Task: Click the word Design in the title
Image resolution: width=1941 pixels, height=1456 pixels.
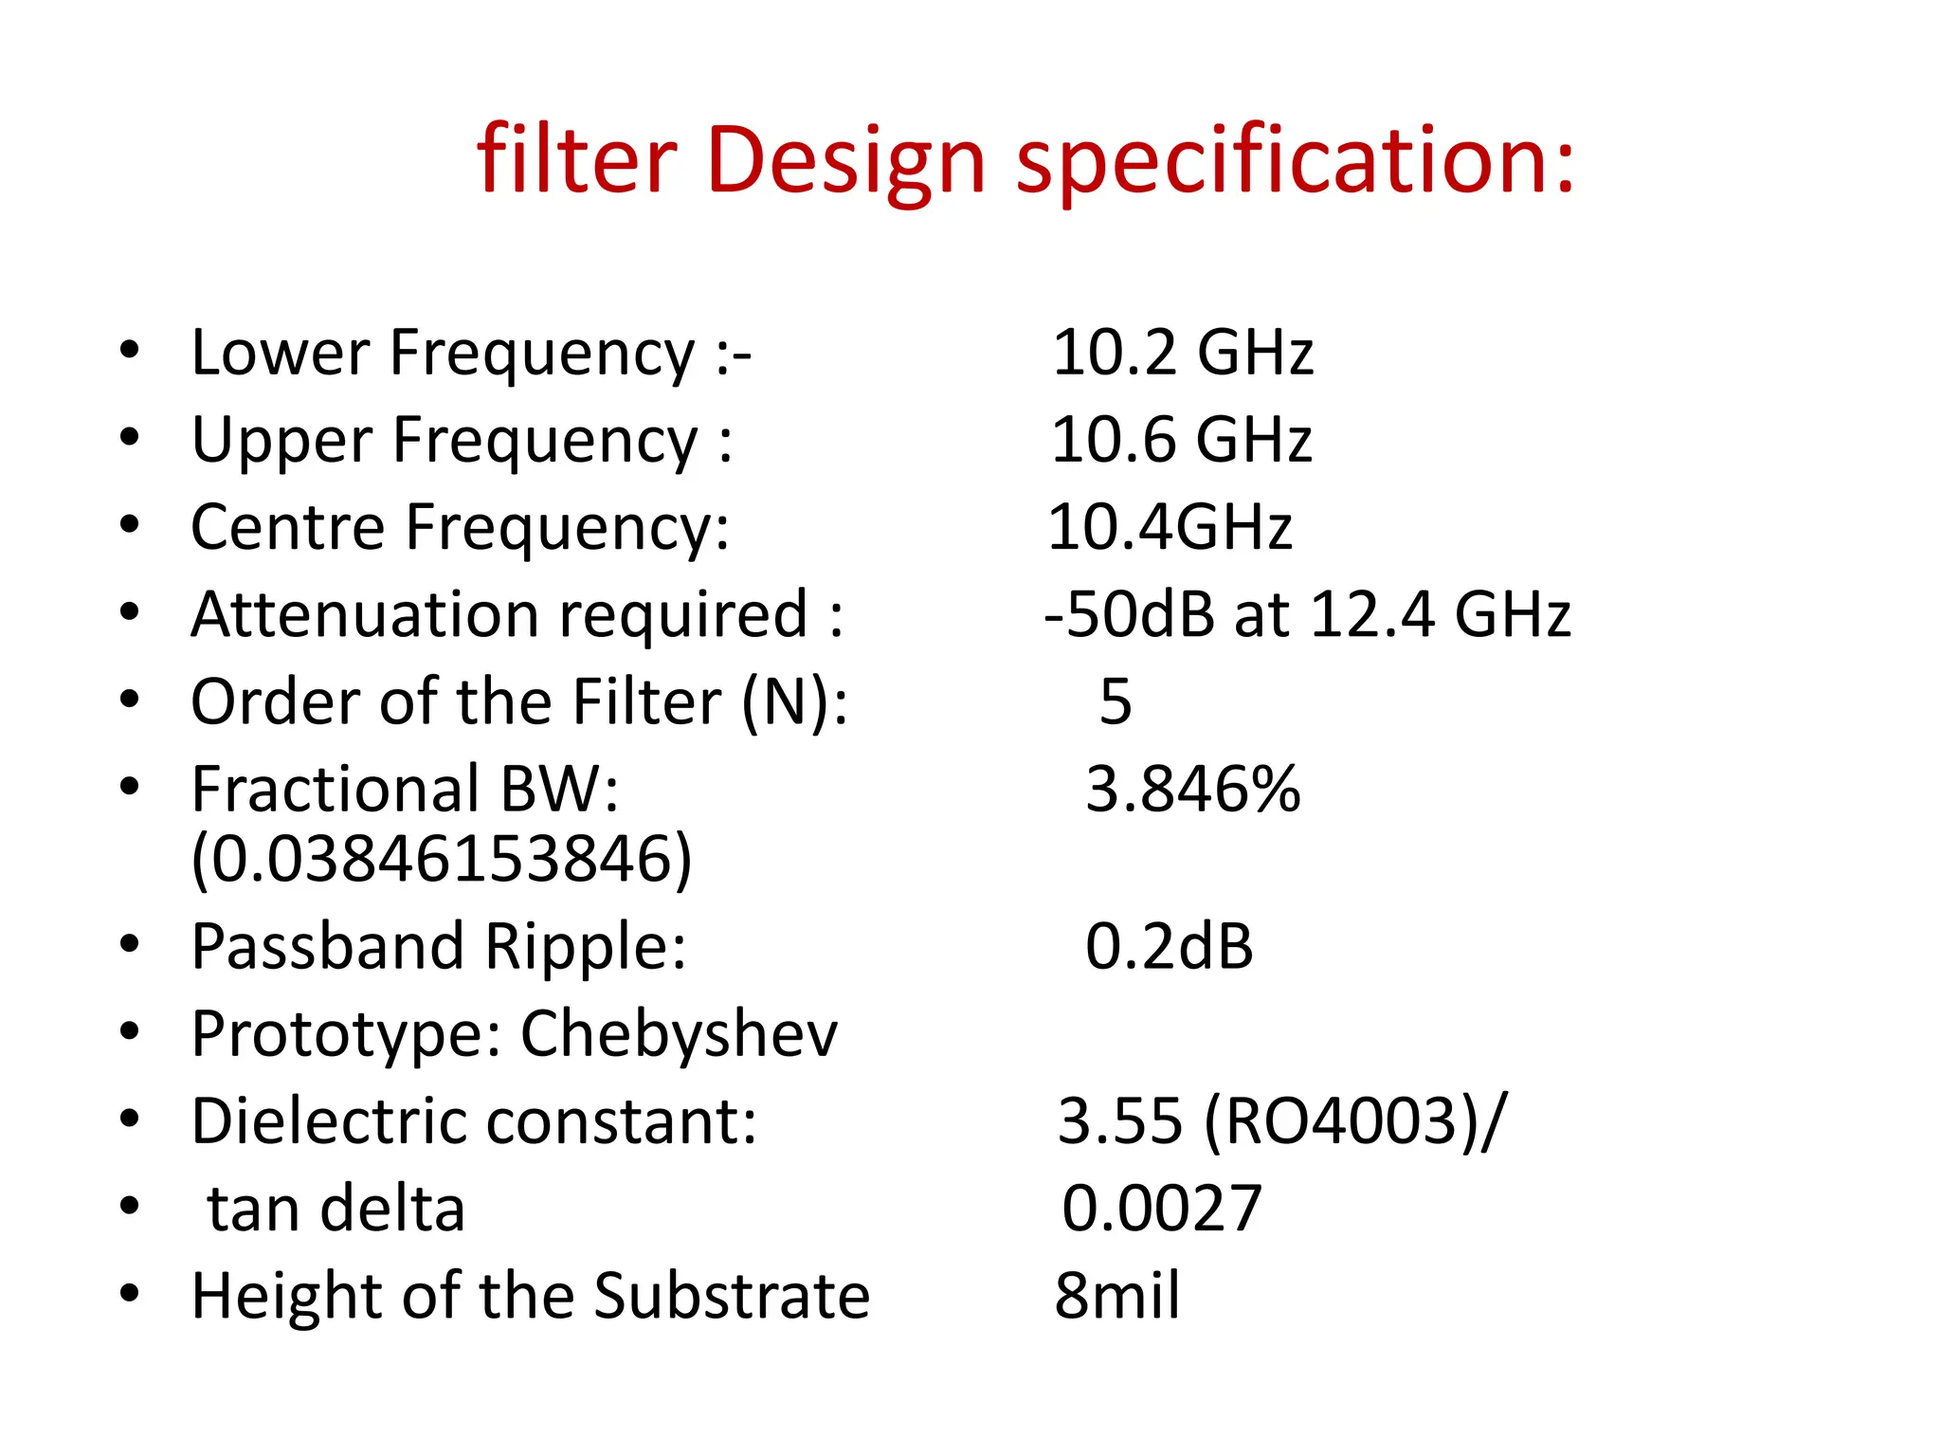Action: coord(845,161)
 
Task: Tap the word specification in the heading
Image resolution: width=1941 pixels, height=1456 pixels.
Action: coord(1295,161)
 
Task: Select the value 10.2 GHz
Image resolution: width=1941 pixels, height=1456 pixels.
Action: coord(1182,353)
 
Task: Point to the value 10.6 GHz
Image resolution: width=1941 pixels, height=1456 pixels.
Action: coord(1181,440)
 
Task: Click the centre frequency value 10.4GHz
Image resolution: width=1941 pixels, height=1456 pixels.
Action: coord(1170,527)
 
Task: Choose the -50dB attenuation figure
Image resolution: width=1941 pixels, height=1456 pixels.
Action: coord(1129,614)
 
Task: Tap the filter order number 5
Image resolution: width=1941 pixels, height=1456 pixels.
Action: coord(1116,702)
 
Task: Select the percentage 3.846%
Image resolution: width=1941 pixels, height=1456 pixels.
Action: coord(1192,790)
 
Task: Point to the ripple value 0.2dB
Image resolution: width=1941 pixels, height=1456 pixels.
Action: coord(1169,946)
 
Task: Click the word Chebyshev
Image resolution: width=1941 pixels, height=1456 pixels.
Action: coord(679,1033)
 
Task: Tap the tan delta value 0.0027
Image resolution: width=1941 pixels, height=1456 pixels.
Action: coord(1161,1209)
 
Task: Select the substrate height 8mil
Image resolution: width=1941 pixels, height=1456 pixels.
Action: coord(1117,1296)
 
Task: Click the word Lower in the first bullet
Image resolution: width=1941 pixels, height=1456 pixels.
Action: coord(281,353)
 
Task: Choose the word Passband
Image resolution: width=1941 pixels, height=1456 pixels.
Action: coord(328,946)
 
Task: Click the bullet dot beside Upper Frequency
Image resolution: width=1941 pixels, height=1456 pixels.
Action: coord(130,438)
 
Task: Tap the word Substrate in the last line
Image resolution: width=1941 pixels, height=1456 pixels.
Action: coord(731,1296)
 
